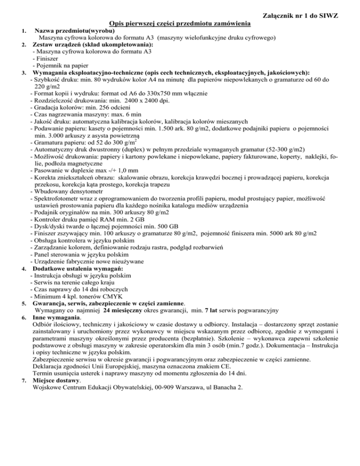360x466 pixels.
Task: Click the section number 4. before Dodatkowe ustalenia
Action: [23, 270]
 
